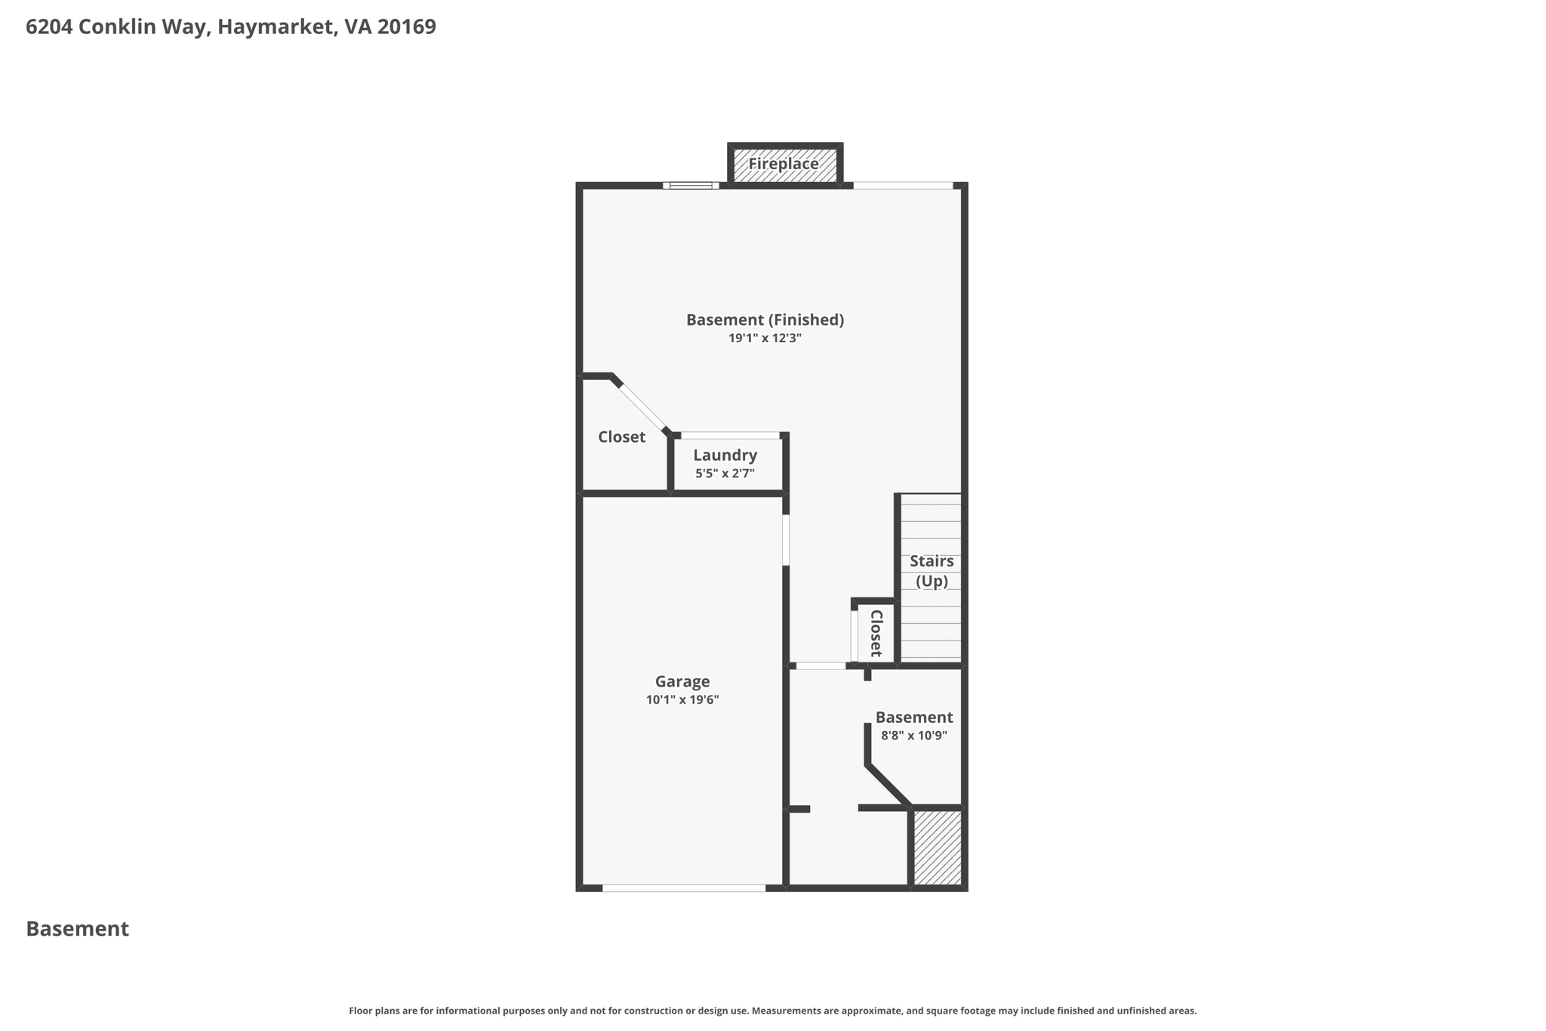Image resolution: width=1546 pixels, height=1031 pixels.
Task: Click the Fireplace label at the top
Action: [784, 164]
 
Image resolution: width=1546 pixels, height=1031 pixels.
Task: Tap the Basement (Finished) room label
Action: [765, 319]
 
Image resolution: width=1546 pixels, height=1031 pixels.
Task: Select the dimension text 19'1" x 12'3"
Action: [765, 338]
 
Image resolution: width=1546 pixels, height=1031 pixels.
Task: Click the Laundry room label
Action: [725, 455]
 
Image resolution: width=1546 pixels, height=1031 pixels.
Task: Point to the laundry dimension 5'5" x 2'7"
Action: [725, 474]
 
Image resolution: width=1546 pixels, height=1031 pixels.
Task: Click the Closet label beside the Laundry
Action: [621, 437]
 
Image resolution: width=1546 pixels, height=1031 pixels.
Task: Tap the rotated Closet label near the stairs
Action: [876, 633]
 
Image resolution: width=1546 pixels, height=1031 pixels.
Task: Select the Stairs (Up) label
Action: [932, 571]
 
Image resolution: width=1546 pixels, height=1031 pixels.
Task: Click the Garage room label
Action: [682, 681]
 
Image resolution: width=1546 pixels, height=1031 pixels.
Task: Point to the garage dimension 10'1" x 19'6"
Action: [682, 700]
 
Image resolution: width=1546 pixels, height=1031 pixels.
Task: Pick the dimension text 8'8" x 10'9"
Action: [914, 736]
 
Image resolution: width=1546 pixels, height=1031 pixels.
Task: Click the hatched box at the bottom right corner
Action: [938, 847]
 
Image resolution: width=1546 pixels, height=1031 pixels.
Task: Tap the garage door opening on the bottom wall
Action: [684, 888]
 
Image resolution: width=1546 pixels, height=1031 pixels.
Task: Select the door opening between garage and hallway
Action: [786, 540]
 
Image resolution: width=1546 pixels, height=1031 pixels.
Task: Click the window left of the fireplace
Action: [691, 185]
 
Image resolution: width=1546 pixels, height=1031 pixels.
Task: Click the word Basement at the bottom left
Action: [78, 929]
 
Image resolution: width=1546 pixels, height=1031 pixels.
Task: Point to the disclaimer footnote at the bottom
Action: [772, 1011]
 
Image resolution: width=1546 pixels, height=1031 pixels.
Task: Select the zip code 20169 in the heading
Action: [407, 27]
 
